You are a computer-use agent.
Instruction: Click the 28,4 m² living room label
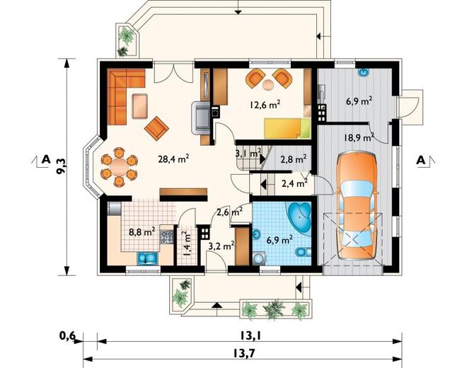click(173, 159)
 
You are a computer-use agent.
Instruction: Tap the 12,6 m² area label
click(265, 105)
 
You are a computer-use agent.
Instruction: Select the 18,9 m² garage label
click(359, 137)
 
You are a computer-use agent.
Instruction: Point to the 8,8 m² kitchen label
click(142, 231)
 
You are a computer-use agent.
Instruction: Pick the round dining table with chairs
click(119, 167)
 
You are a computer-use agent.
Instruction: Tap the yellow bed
click(287, 128)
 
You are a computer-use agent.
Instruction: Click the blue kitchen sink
click(147, 258)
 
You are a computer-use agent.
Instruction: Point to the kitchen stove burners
click(167, 236)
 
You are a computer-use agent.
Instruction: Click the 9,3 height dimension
click(62, 167)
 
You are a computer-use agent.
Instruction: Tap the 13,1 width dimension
click(250, 336)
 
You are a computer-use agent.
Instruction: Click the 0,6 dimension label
click(68, 336)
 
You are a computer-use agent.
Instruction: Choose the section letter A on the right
click(420, 161)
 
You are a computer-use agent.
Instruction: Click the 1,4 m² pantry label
click(187, 243)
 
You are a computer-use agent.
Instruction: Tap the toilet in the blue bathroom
click(303, 253)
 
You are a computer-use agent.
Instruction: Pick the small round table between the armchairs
click(269, 85)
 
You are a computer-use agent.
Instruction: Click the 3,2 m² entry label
click(221, 246)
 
